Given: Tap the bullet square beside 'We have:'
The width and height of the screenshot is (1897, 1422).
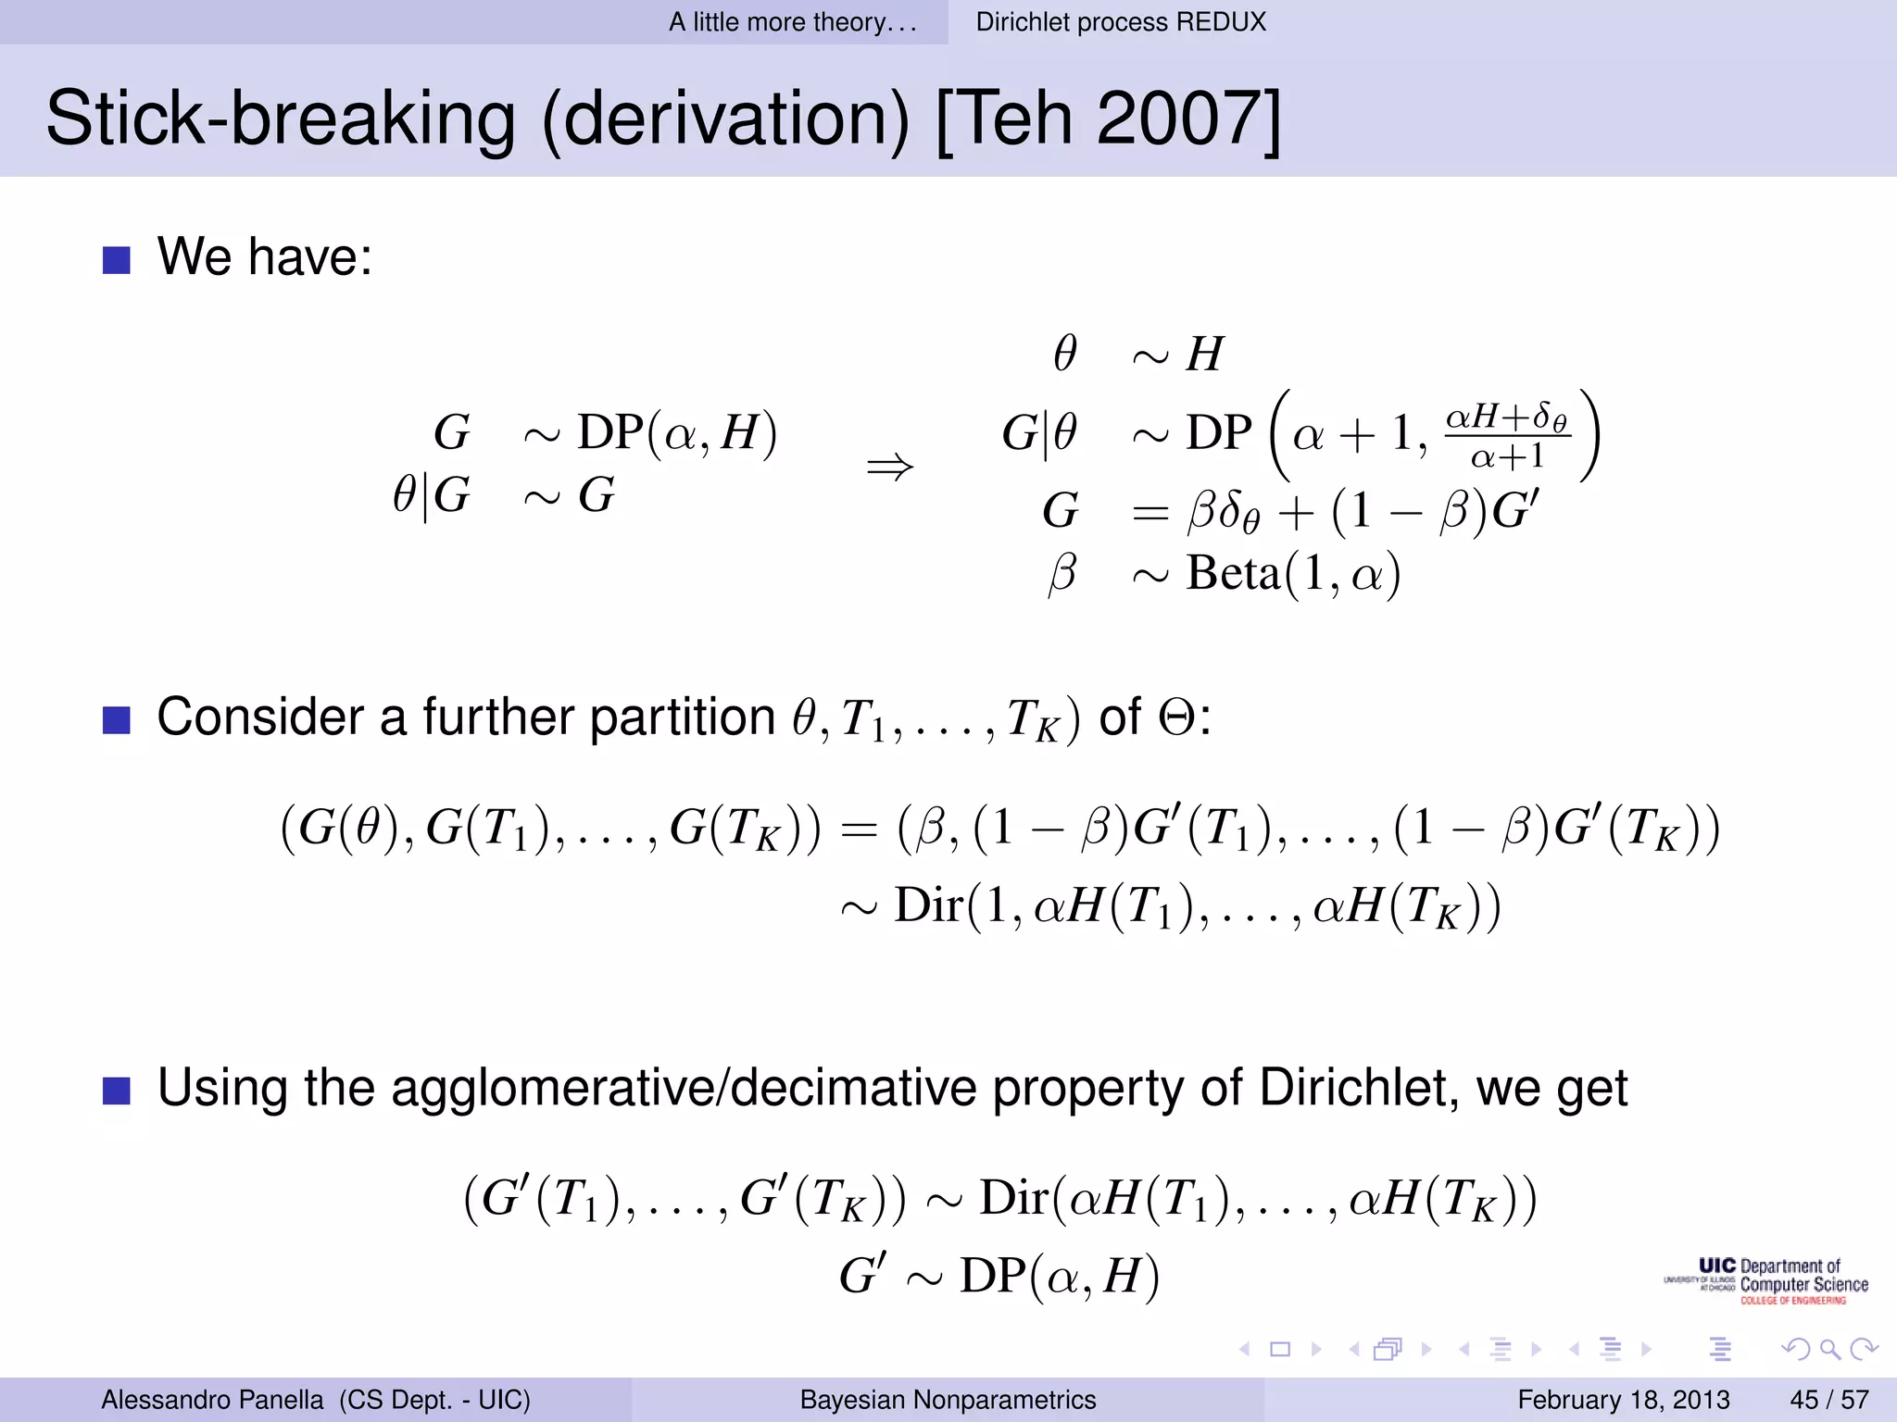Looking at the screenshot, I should click(116, 260).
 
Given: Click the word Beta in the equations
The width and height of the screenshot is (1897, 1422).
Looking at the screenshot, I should click(1232, 573).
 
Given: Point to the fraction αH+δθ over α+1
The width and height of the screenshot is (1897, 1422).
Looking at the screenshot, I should click(1507, 435).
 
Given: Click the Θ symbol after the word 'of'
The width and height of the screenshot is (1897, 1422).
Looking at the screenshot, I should click(1177, 717).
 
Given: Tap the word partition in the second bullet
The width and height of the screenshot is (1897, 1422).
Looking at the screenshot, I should click(682, 717).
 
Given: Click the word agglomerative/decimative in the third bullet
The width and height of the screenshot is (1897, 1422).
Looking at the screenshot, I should click(684, 1088).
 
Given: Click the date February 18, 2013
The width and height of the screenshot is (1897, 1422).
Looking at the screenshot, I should click(1623, 1400).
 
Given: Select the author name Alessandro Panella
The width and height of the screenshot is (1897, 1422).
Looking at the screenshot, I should click(212, 1400).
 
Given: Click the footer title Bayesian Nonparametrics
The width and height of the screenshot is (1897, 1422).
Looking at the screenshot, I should click(948, 1400).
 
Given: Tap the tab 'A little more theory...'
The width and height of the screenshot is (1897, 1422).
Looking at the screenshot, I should click(793, 22).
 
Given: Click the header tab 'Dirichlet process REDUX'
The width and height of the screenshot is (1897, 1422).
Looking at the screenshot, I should click(1121, 22).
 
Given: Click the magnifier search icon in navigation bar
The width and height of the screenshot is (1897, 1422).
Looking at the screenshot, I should click(1829, 1349).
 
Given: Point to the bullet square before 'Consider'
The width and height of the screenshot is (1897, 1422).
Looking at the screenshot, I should click(116, 719).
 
